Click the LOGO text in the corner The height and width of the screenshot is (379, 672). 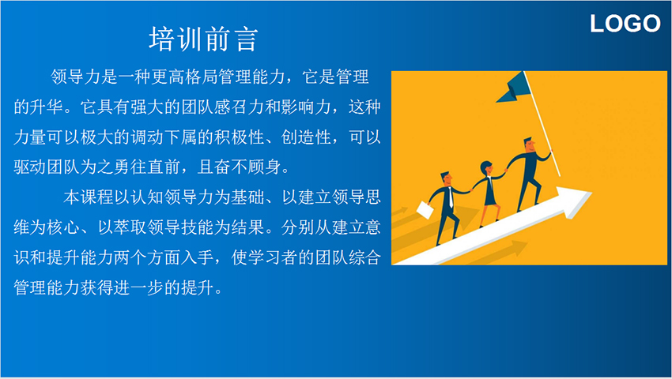pyautogui.click(x=625, y=24)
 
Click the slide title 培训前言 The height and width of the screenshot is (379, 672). pyautogui.click(x=203, y=39)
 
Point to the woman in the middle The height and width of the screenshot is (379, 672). pyautogui.click(x=489, y=192)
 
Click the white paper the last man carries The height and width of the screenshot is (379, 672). pyautogui.click(x=425, y=210)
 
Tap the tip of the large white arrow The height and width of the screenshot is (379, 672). pyautogui.click(x=591, y=193)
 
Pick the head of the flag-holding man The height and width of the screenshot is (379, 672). pyautogui.click(x=530, y=144)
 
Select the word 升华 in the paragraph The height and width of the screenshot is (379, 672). pyautogui.click(x=47, y=107)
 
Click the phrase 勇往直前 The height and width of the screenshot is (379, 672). pyautogui.click(x=146, y=167)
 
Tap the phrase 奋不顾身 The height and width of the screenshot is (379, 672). pyautogui.click(x=247, y=167)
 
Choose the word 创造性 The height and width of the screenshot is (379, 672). pyautogui.click(x=306, y=137)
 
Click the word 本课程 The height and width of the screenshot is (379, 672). pyautogui.click(x=89, y=197)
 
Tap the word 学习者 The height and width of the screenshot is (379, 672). pyautogui.click(x=273, y=257)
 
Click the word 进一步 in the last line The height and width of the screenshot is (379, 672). pyautogui.click(x=138, y=287)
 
